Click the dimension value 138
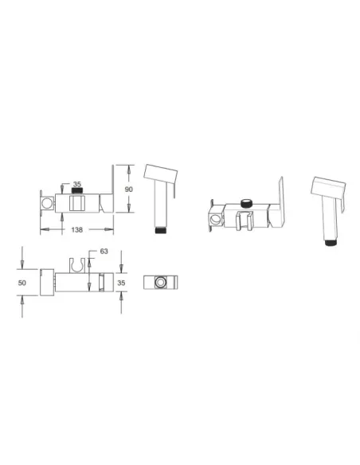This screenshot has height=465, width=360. point(76,229)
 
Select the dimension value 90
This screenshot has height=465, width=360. point(129,190)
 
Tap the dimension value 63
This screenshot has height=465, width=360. point(104,251)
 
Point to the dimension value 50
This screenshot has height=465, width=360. point(22,283)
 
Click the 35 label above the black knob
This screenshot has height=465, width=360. point(76,184)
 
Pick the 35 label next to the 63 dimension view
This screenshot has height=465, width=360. point(121,283)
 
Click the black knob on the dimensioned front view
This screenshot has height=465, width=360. point(76,191)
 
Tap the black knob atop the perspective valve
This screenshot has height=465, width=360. point(246,204)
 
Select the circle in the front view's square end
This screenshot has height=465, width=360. point(47,204)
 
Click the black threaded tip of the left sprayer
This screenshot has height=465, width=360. point(160,230)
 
